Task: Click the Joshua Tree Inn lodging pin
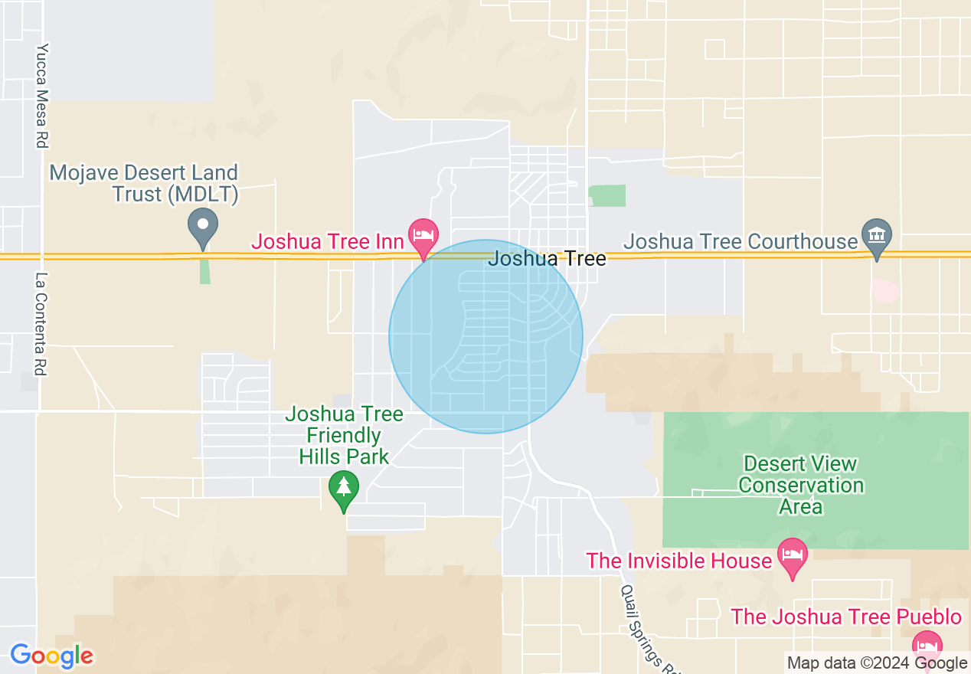(x=423, y=234)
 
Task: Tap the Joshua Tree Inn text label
(x=328, y=242)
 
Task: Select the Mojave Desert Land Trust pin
(x=203, y=225)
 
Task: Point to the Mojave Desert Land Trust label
(x=144, y=184)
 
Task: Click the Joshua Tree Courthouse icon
(x=877, y=234)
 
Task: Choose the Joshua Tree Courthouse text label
(x=741, y=242)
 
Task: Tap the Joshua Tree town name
(x=547, y=259)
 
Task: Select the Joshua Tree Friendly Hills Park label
(x=344, y=436)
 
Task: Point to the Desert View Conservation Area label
(x=801, y=486)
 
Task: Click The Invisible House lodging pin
(x=792, y=555)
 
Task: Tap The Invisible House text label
(x=678, y=561)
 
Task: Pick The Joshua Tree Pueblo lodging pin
(x=927, y=645)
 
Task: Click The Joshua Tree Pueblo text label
(x=846, y=617)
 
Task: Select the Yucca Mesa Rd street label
(x=42, y=95)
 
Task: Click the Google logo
(x=51, y=656)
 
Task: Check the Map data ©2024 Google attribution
(x=877, y=663)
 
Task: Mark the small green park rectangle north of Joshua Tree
(x=608, y=195)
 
